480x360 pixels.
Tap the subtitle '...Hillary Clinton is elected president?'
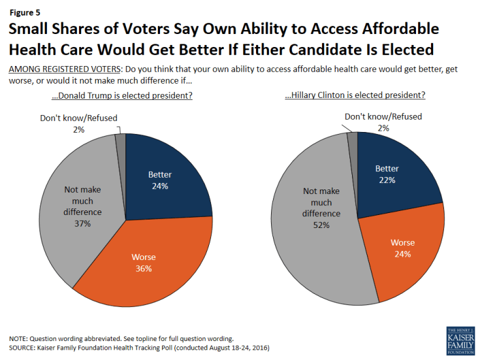355,95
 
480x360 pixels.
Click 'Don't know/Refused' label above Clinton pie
383,117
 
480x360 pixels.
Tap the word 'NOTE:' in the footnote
19,338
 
